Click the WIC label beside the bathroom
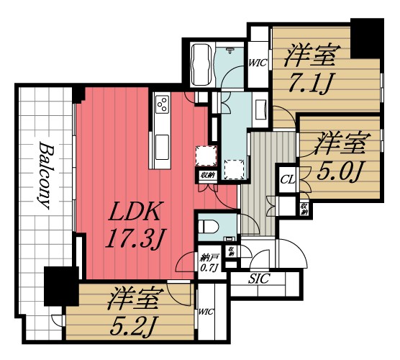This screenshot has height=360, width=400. tap(258, 63)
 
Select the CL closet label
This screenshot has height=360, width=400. tap(286, 178)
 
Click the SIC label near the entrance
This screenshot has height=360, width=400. tap(258, 278)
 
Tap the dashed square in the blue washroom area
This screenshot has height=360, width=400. tap(235, 168)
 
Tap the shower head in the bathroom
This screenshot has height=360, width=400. tap(229, 50)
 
